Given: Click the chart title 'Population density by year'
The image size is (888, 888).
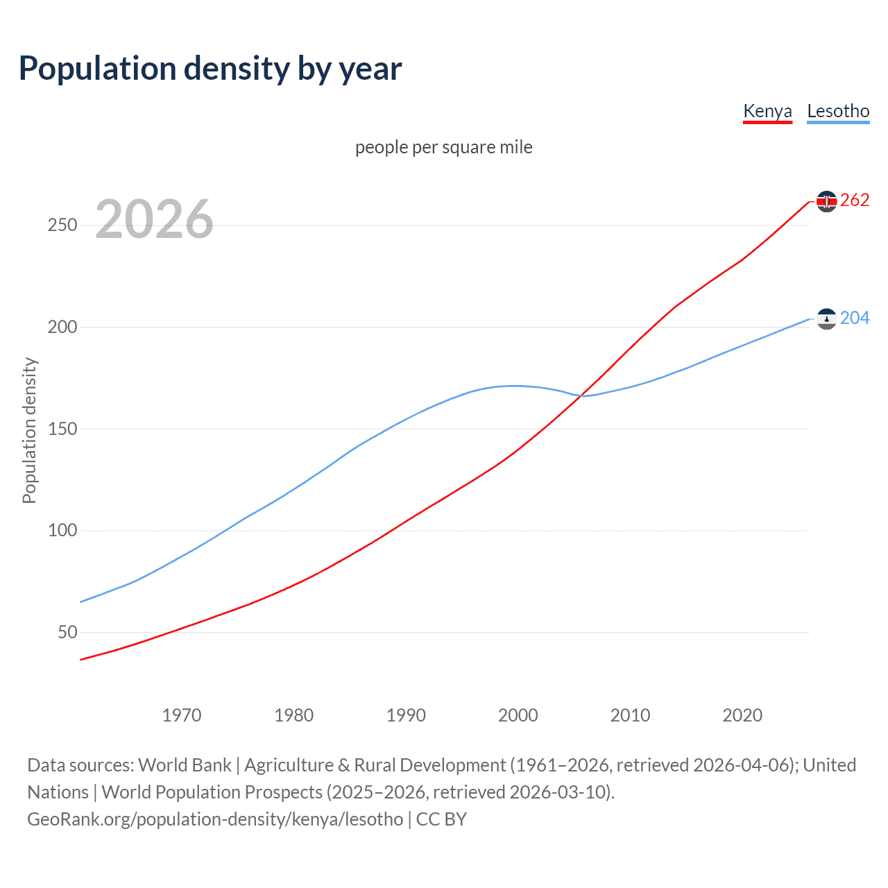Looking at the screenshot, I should (x=210, y=69).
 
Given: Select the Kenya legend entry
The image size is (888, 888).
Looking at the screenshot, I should (x=767, y=111).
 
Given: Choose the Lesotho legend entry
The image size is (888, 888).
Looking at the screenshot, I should (x=838, y=111).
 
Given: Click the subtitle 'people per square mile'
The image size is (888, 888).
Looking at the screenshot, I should (x=443, y=147).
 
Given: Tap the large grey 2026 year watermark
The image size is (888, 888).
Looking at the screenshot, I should (x=154, y=219).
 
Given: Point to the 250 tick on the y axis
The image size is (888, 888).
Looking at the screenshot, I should (x=62, y=225).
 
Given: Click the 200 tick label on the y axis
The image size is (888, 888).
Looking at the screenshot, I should (x=62, y=327).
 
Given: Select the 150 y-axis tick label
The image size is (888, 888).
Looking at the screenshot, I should (x=62, y=429).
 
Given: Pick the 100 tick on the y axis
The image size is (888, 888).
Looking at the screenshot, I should (x=62, y=531).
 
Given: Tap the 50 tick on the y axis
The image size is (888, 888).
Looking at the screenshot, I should (x=67, y=632).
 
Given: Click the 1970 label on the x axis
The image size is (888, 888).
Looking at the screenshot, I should (x=182, y=715).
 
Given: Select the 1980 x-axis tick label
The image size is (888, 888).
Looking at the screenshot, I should (x=294, y=715).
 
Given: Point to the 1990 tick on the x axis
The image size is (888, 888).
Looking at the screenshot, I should (x=406, y=715).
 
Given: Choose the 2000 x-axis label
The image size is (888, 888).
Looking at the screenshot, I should (x=518, y=715).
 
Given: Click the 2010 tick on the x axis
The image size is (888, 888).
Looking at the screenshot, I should (x=630, y=715).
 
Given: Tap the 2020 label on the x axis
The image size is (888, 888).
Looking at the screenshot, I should (x=742, y=715).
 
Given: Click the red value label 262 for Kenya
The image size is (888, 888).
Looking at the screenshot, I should (x=855, y=200).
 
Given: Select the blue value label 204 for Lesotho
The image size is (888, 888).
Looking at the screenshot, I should (x=855, y=318).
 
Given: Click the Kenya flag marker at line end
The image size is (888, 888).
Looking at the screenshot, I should (x=826, y=201).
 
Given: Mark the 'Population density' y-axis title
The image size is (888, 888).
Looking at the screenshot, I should (x=29, y=430).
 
